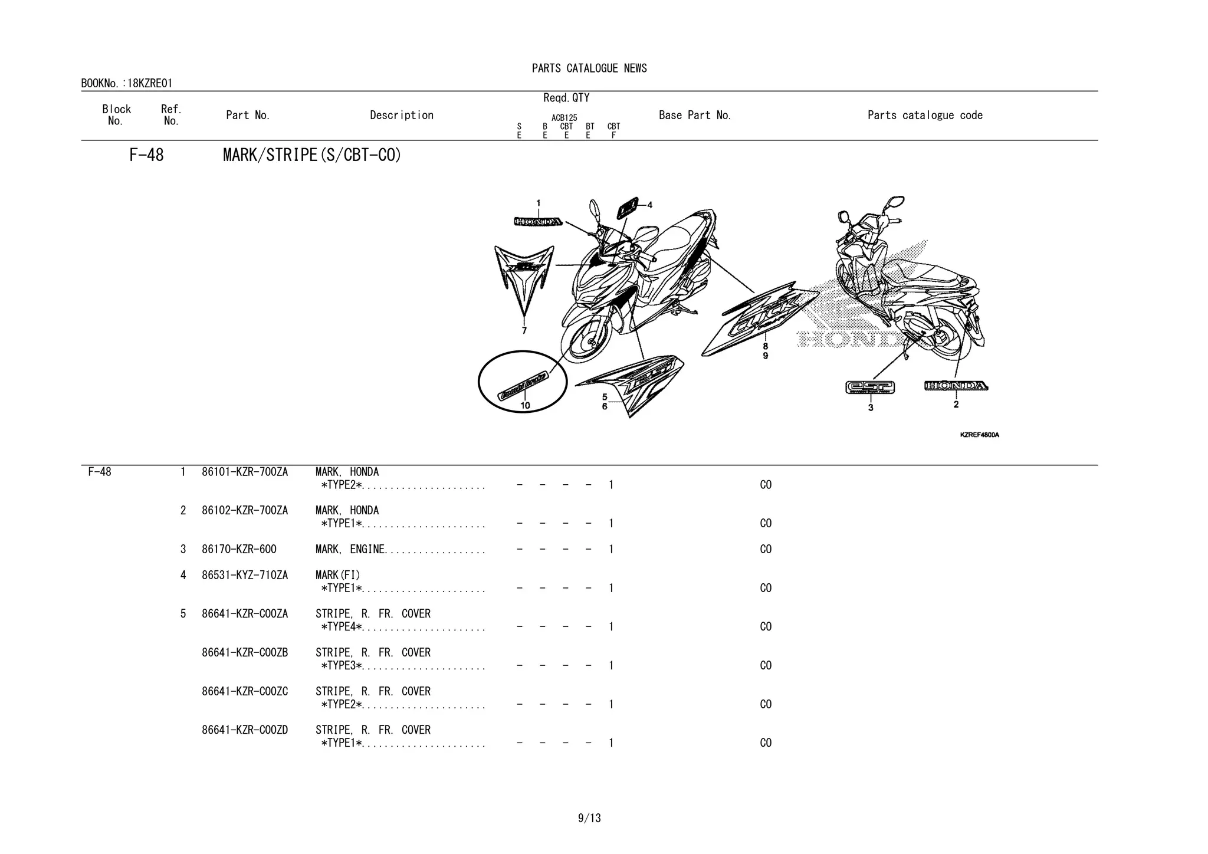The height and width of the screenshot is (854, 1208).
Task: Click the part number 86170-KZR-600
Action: pyautogui.click(x=239, y=550)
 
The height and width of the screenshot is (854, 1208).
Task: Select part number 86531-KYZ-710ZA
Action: pyautogui.click(x=245, y=575)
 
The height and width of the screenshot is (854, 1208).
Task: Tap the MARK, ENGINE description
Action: pyautogui.click(x=350, y=550)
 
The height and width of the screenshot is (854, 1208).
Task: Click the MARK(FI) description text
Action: pyautogui.click(x=337, y=575)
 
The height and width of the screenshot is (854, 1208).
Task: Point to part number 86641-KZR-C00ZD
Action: pyautogui.click(x=245, y=730)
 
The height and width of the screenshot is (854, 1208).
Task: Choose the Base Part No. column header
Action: pyautogui.click(x=695, y=116)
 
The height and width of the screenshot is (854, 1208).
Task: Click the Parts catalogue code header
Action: pyautogui.click(x=925, y=116)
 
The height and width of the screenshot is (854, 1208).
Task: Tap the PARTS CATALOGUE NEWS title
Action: pyautogui.click(x=589, y=68)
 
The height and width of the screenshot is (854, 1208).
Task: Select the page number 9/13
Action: pyautogui.click(x=589, y=818)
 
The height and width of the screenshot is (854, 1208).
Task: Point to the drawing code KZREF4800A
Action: pyautogui.click(x=979, y=435)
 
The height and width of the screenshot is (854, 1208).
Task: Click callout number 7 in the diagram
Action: pyautogui.click(x=524, y=331)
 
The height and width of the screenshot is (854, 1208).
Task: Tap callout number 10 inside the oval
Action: pyautogui.click(x=525, y=405)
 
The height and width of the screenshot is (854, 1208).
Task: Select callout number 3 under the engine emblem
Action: pyautogui.click(x=871, y=408)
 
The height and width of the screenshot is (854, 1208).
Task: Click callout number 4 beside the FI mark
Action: pyautogui.click(x=650, y=205)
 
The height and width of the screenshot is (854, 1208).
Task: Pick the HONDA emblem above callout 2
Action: pyautogui.click(x=956, y=386)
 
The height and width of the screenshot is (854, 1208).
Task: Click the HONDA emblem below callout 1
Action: pyautogui.click(x=538, y=222)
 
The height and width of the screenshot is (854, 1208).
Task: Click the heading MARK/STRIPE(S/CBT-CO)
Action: pyautogui.click(x=311, y=155)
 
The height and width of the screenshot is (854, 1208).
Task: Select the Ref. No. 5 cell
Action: pyautogui.click(x=183, y=614)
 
